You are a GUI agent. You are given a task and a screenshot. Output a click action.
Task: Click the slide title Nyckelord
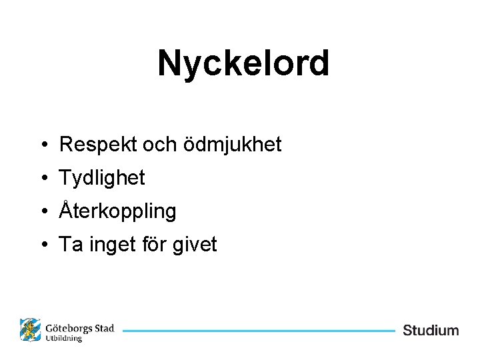click(243, 63)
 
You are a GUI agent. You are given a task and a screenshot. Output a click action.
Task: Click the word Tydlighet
click(102, 178)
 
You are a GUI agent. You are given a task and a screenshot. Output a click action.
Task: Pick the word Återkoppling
click(118, 212)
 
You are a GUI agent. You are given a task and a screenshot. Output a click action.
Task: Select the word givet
click(195, 245)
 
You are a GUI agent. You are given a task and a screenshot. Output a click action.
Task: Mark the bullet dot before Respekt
click(42, 145)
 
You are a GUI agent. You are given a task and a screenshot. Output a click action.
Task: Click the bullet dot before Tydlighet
click(42, 179)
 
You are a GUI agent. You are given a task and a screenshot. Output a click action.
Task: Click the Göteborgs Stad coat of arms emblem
click(30, 330)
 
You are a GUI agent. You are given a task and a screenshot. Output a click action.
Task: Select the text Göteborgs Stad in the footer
click(80, 328)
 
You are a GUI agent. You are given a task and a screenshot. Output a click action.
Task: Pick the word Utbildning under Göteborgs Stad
click(64, 339)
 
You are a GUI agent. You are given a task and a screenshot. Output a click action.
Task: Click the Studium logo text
click(431, 330)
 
